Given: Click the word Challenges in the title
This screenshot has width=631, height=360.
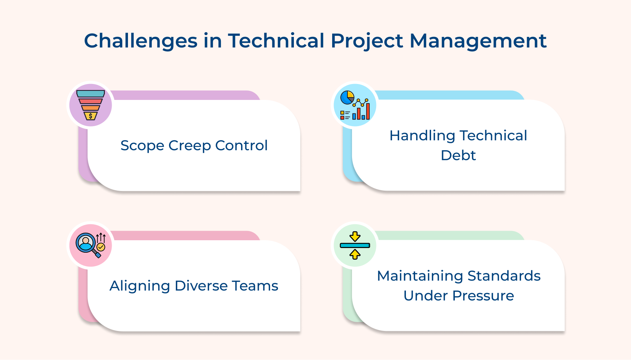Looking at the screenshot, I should click(140, 41).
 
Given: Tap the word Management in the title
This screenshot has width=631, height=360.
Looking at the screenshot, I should click(478, 41).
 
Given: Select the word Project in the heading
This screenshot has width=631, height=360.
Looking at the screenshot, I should click(367, 41).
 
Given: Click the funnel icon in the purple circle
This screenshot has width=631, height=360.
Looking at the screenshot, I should click(91, 105).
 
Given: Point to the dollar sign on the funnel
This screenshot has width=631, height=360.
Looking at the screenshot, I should click(91, 116).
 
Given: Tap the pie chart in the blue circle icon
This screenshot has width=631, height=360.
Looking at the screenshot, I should click(347, 97).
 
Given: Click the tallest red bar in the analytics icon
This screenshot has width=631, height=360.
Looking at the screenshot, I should click(368, 111).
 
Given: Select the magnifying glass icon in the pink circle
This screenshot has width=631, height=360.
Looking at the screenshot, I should click(86, 243).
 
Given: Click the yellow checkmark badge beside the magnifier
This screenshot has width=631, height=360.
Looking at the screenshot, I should click(101, 247).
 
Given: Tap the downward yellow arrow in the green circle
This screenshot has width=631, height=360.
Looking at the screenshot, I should click(355, 236).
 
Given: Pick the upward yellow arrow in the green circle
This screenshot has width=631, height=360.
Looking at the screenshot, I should click(355, 254).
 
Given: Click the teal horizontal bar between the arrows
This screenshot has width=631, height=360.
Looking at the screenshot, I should click(355, 245).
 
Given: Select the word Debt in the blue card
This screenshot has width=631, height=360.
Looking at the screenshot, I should click(458, 155).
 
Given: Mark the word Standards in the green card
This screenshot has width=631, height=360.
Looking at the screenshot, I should click(504, 276).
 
